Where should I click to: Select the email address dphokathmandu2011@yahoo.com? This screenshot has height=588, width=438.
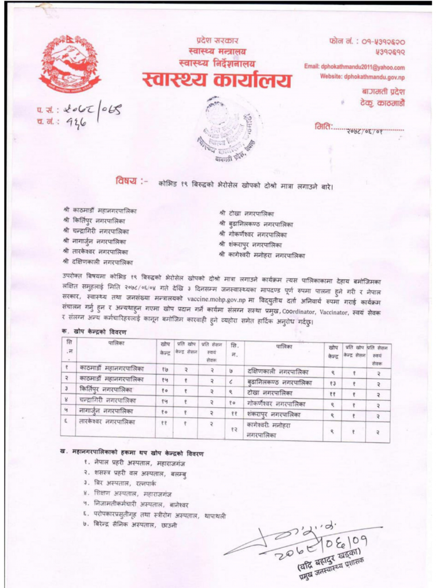click(x=355, y=67)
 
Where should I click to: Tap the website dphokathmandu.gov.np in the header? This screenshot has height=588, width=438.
click(x=363, y=77)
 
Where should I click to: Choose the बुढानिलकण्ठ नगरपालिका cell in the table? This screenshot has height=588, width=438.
click(x=280, y=382)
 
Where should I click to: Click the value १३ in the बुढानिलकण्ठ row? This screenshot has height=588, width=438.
click(x=333, y=382)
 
